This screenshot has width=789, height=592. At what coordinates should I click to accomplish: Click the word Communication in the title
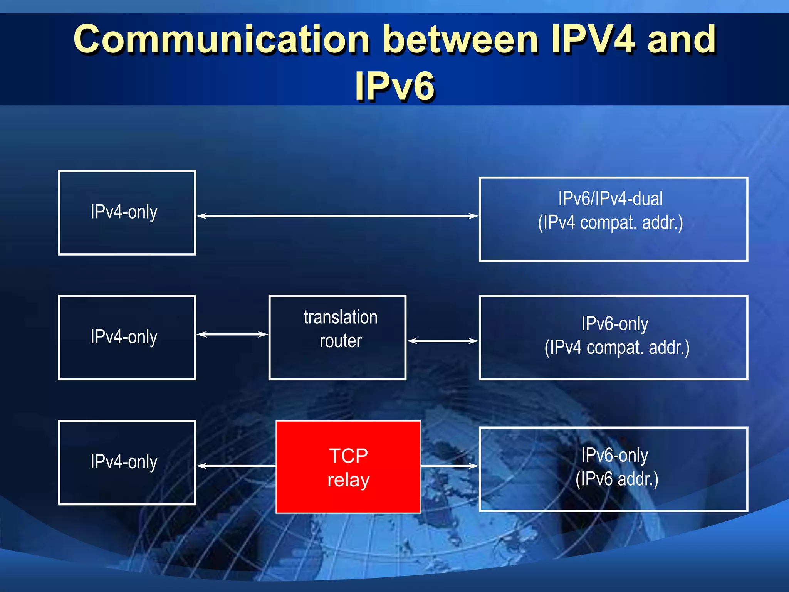click(x=222, y=39)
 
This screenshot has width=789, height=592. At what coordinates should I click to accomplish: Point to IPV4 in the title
click(x=593, y=39)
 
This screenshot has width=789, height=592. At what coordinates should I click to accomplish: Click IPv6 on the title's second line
click(x=394, y=86)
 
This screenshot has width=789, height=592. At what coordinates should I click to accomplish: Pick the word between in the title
click(x=460, y=39)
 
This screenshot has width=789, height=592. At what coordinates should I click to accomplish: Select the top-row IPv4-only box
click(x=127, y=212)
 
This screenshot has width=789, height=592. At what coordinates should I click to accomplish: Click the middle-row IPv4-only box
click(x=127, y=337)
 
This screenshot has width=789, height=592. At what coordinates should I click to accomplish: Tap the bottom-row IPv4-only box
click(x=127, y=462)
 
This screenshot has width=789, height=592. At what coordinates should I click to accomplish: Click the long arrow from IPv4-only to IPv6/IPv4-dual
click(x=337, y=216)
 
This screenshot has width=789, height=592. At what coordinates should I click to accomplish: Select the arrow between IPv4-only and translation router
click(x=232, y=334)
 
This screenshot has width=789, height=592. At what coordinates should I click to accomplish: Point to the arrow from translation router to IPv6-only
click(x=442, y=341)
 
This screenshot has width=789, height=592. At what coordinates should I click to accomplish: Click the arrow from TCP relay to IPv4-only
click(x=236, y=466)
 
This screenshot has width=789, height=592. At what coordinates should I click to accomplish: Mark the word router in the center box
click(x=341, y=341)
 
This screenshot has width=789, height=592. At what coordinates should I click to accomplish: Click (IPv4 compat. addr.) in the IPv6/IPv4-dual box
click(x=610, y=223)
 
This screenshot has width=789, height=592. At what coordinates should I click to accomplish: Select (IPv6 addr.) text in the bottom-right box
click(x=617, y=479)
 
